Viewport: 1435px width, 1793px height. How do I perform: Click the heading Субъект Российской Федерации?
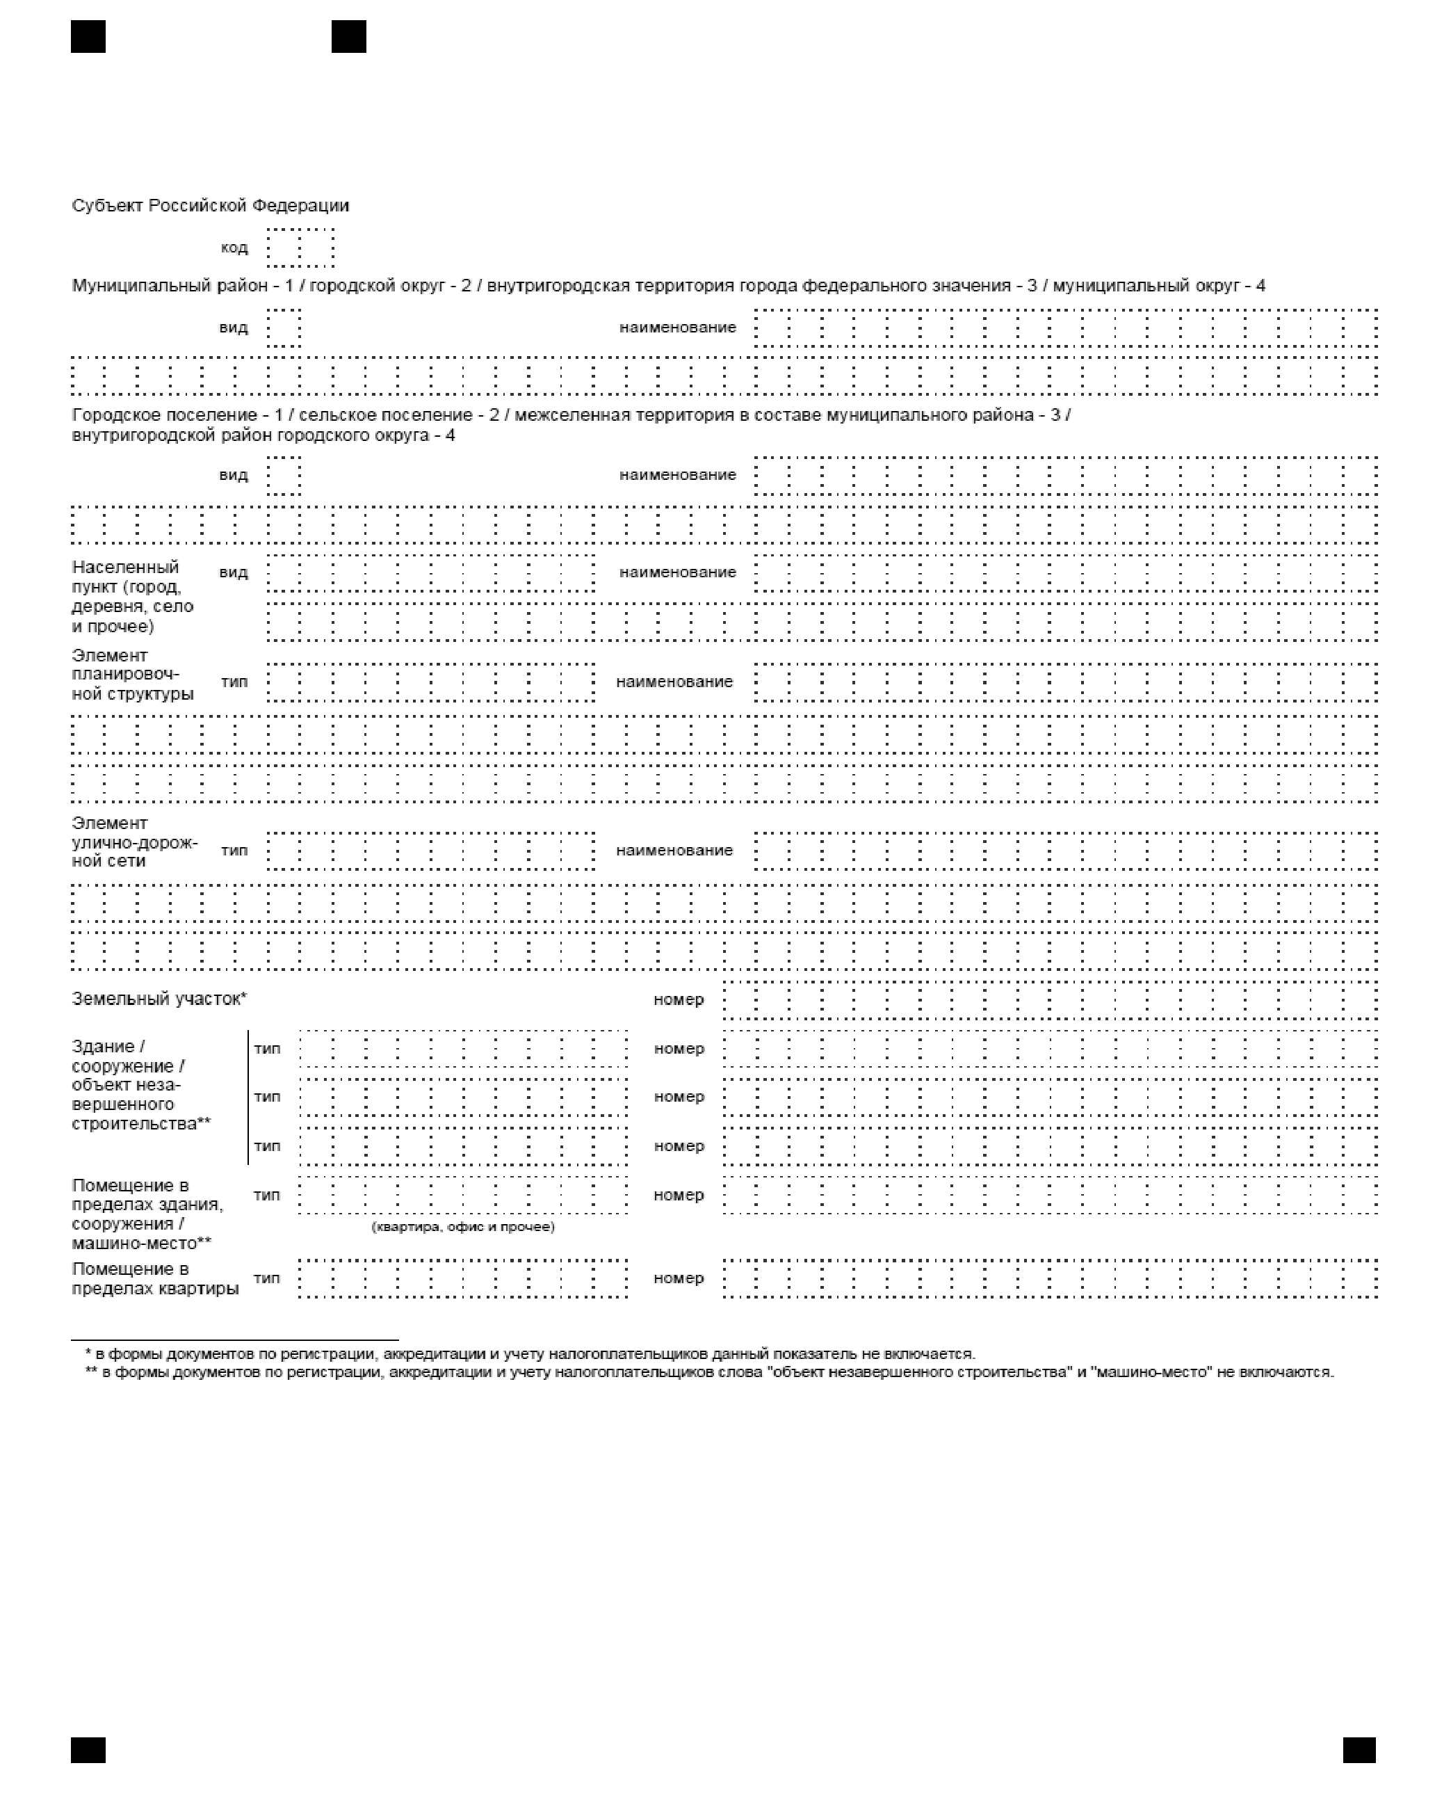pos(211,205)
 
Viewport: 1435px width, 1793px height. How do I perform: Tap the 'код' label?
pos(234,248)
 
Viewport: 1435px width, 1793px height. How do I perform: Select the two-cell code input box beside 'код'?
pos(300,248)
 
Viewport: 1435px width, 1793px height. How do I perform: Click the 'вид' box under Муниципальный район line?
pos(284,328)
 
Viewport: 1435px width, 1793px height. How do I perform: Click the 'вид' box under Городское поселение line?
pos(284,476)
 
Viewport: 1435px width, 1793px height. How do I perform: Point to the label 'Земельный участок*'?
pos(159,999)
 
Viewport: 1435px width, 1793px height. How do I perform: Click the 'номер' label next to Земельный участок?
pos(679,999)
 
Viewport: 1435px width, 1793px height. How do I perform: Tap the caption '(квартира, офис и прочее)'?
pos(462,1227)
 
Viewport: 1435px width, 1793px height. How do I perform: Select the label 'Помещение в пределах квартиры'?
pos(154,1279)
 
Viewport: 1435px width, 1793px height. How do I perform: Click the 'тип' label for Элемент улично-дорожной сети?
pos(234,850)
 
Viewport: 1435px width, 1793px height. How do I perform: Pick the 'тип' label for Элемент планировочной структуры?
pos(234,682)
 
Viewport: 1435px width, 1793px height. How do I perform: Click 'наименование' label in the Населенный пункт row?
pos(678,572)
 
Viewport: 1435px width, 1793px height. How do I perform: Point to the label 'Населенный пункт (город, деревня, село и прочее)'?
pos(132,596)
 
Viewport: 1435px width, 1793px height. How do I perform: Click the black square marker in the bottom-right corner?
pos(1359,1750)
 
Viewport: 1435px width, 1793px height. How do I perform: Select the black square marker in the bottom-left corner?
pos(88,1750)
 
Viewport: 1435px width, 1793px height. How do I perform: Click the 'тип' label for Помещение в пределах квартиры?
pos(267,1278)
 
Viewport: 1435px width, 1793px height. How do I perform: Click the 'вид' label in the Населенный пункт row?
pos(234,572)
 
